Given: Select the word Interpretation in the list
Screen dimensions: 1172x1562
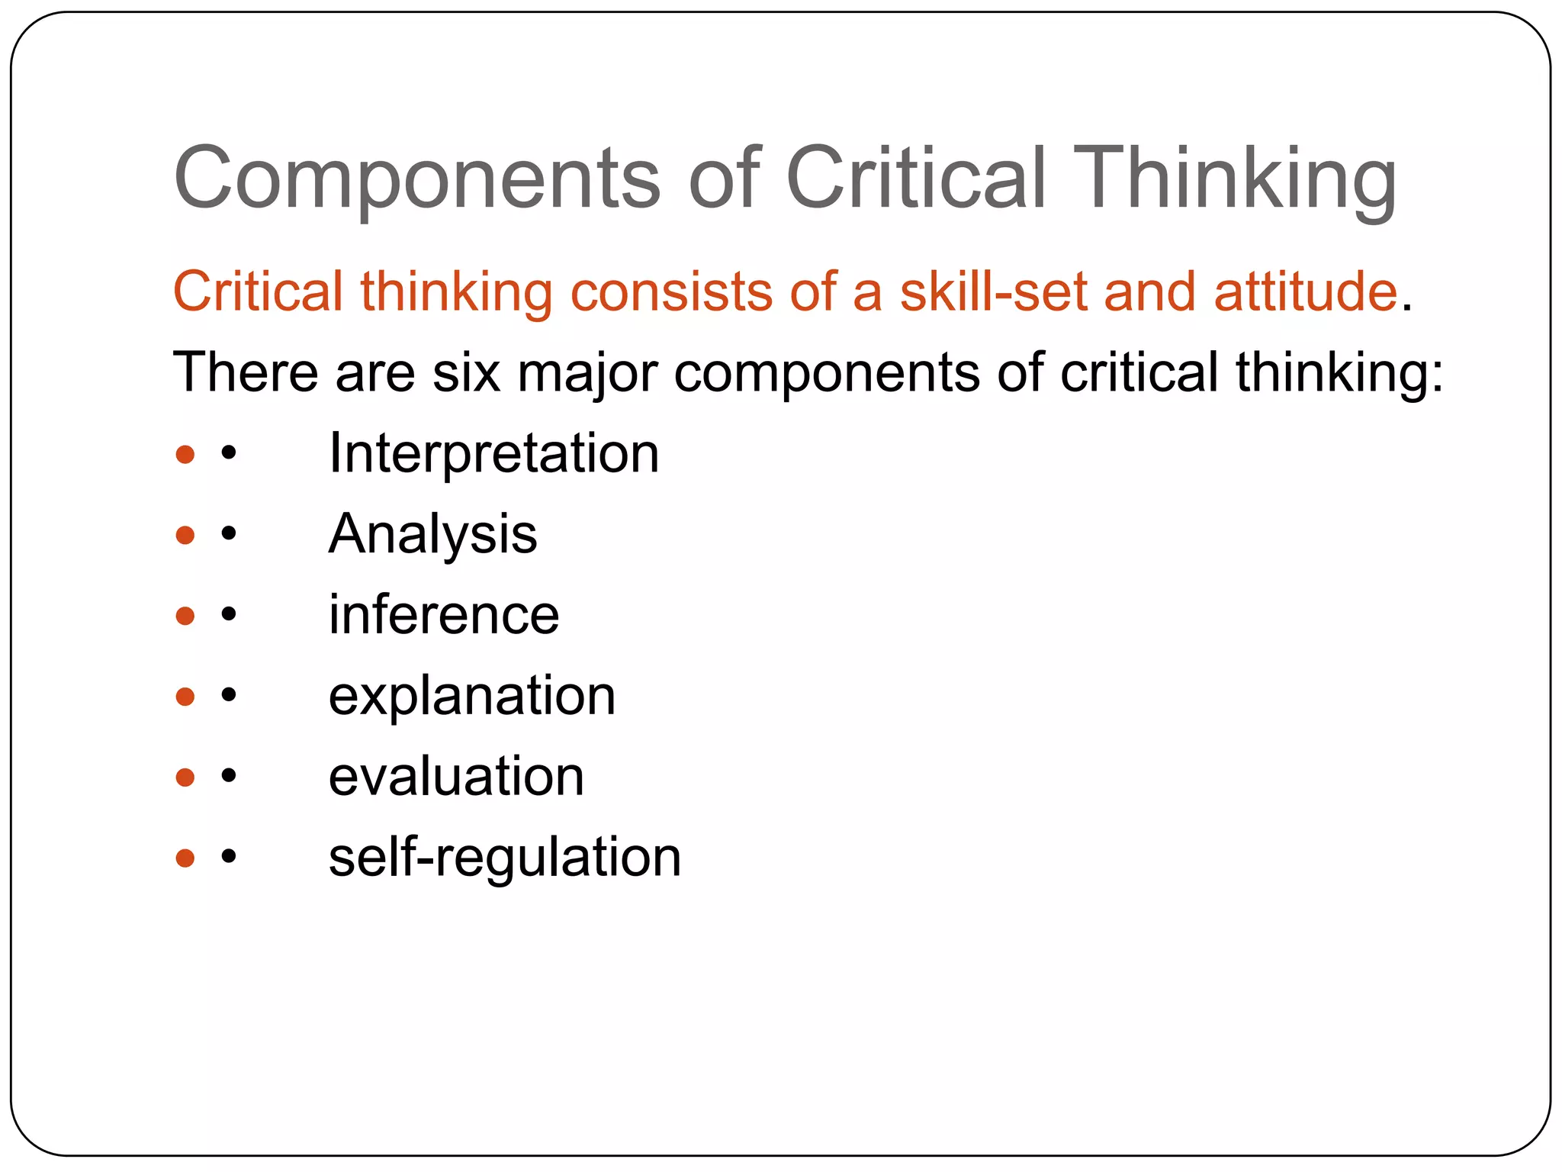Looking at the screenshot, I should (x=493, y=453).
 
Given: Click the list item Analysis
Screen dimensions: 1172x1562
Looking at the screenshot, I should (x=432, y=534).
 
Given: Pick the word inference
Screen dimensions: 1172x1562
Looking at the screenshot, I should (x=444, y=615).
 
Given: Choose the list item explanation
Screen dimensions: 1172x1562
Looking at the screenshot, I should (x=471, y=696).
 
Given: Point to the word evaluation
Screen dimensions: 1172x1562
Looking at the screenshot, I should (x=456, y=777).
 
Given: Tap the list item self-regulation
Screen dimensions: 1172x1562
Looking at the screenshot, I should (x=505, y=858).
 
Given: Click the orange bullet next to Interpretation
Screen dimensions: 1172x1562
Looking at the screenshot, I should (x=185, y=455).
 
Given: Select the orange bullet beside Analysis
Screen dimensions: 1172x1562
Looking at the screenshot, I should (x=185, y=535).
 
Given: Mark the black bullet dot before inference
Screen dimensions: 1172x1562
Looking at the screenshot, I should (x=228, y=615).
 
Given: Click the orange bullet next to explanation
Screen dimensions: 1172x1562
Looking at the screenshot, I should (x=185, y=696).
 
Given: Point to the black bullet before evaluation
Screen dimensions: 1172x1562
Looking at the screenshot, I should (x=228, y=777).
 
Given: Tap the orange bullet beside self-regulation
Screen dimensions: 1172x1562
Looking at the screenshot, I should (x=185, y=858).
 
